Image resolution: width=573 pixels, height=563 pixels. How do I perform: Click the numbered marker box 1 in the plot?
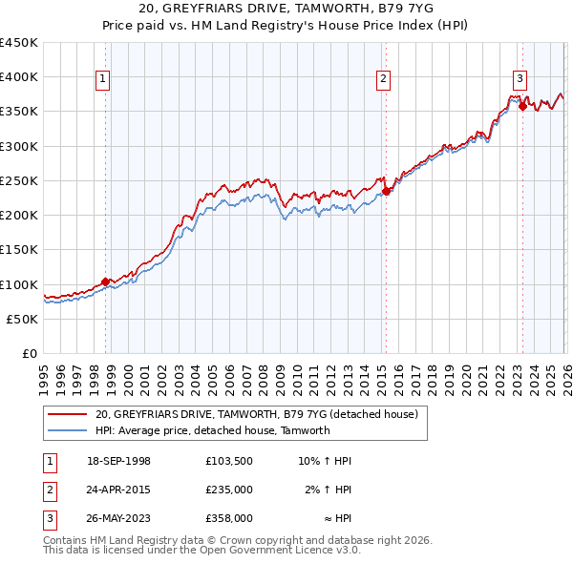pyautogui.click(x=102, y=79)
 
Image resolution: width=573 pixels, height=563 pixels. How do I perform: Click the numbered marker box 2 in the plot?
pyautogui.click(x=383, y=79)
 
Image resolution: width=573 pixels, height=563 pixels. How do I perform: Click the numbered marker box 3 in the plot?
pyautogui.click(x=520, y=79)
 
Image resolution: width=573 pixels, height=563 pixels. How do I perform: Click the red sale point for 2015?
pyautogui.click(x=386, y=191)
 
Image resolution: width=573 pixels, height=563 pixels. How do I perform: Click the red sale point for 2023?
pyautogui.click(x=522, y=106)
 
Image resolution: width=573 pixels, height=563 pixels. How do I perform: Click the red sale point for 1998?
pyautogui.click(x=105, y=281)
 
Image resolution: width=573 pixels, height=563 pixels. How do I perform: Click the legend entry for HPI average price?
pyautogui.click(x=212, y=430)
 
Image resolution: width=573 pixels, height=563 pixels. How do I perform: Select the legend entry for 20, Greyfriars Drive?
pyautogui.click(x=256, y=414)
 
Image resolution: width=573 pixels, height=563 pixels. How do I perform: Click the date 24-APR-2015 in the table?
pyautogui.click(x=118, y=489)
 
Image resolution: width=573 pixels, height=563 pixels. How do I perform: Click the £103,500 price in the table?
pyautogui.click(x=228, y=461)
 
